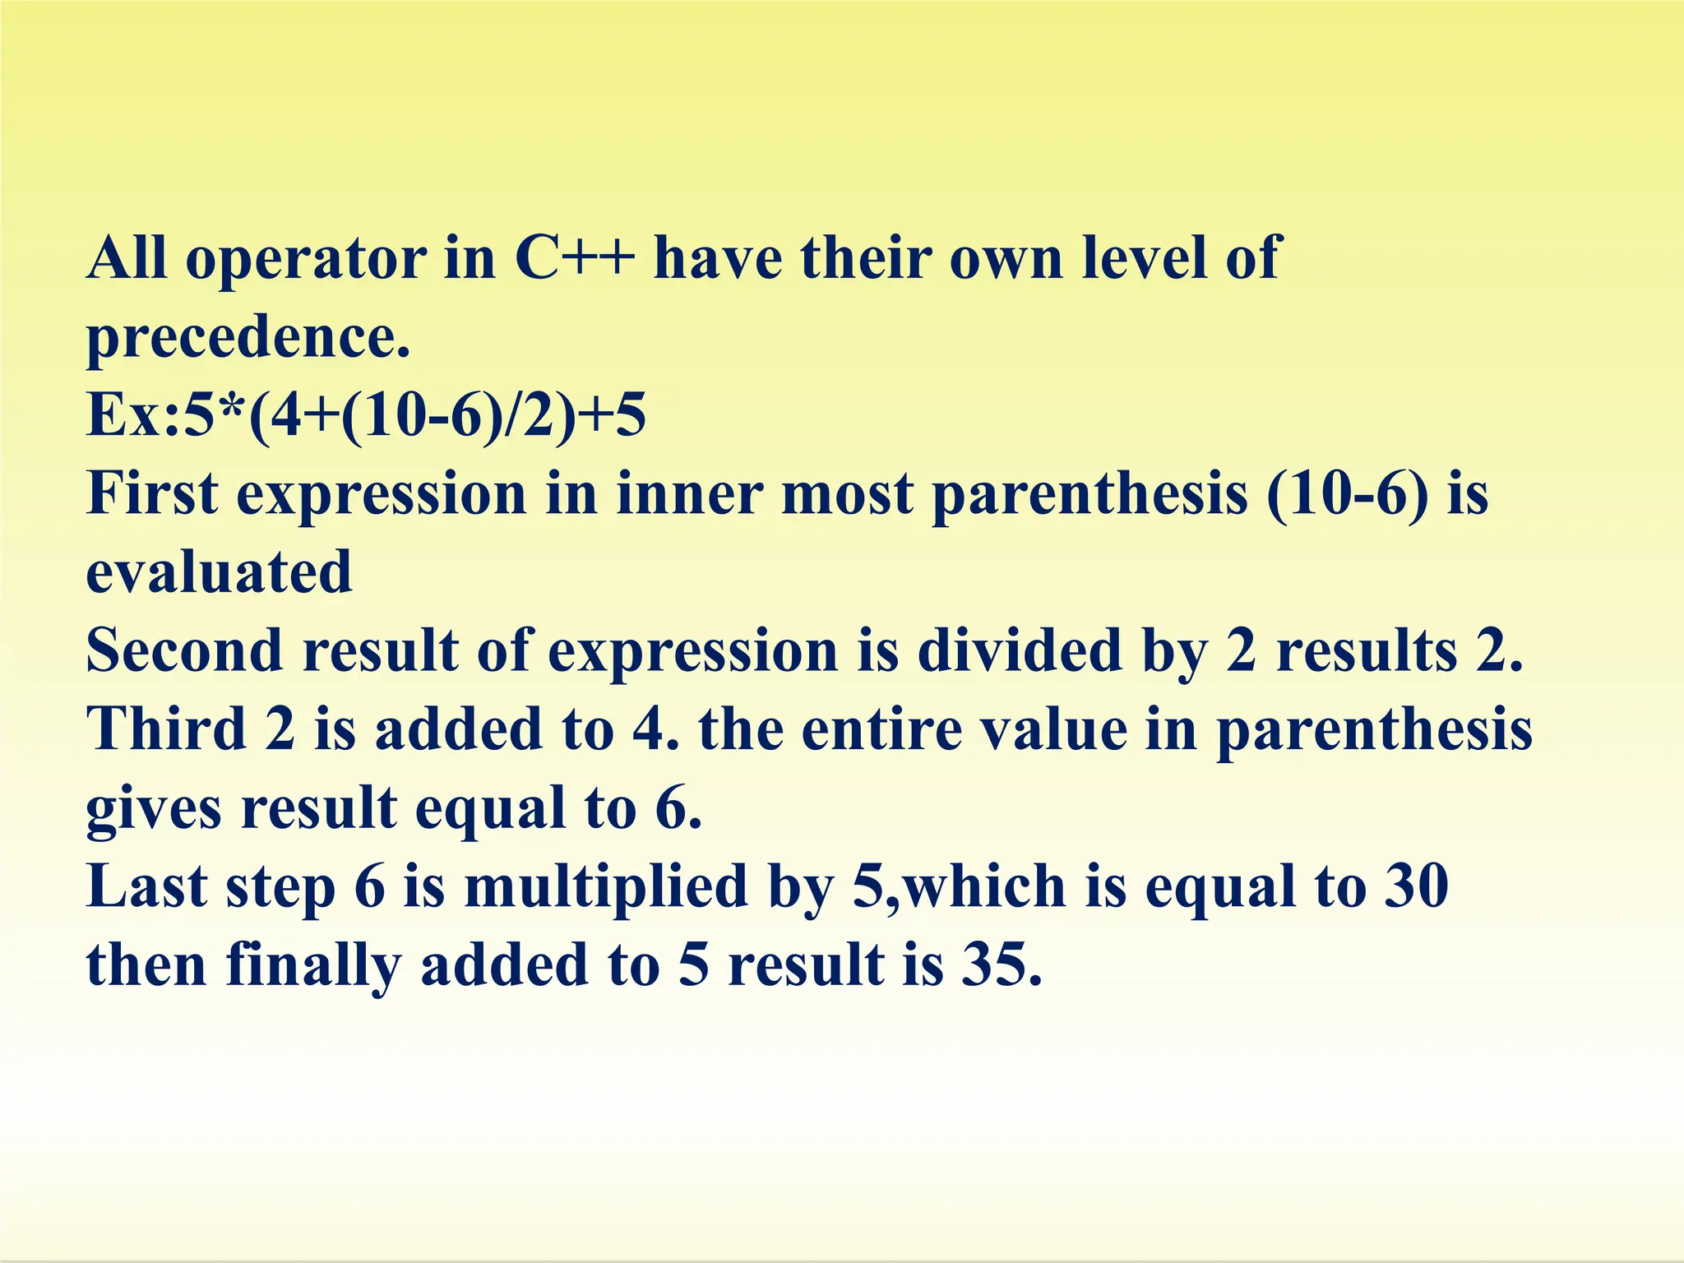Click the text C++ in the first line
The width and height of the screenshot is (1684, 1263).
[575, 258]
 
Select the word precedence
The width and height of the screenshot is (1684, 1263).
[247, 337]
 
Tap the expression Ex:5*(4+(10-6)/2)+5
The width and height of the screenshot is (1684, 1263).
[366, 416]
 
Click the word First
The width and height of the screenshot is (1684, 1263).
[153, 494]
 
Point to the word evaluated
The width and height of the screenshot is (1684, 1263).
[219, 573]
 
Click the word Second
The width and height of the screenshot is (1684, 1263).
[185, 650]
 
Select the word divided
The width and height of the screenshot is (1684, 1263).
[1020, 650]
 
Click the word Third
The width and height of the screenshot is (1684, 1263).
[167, 729]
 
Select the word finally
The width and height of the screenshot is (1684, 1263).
[313, 965]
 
